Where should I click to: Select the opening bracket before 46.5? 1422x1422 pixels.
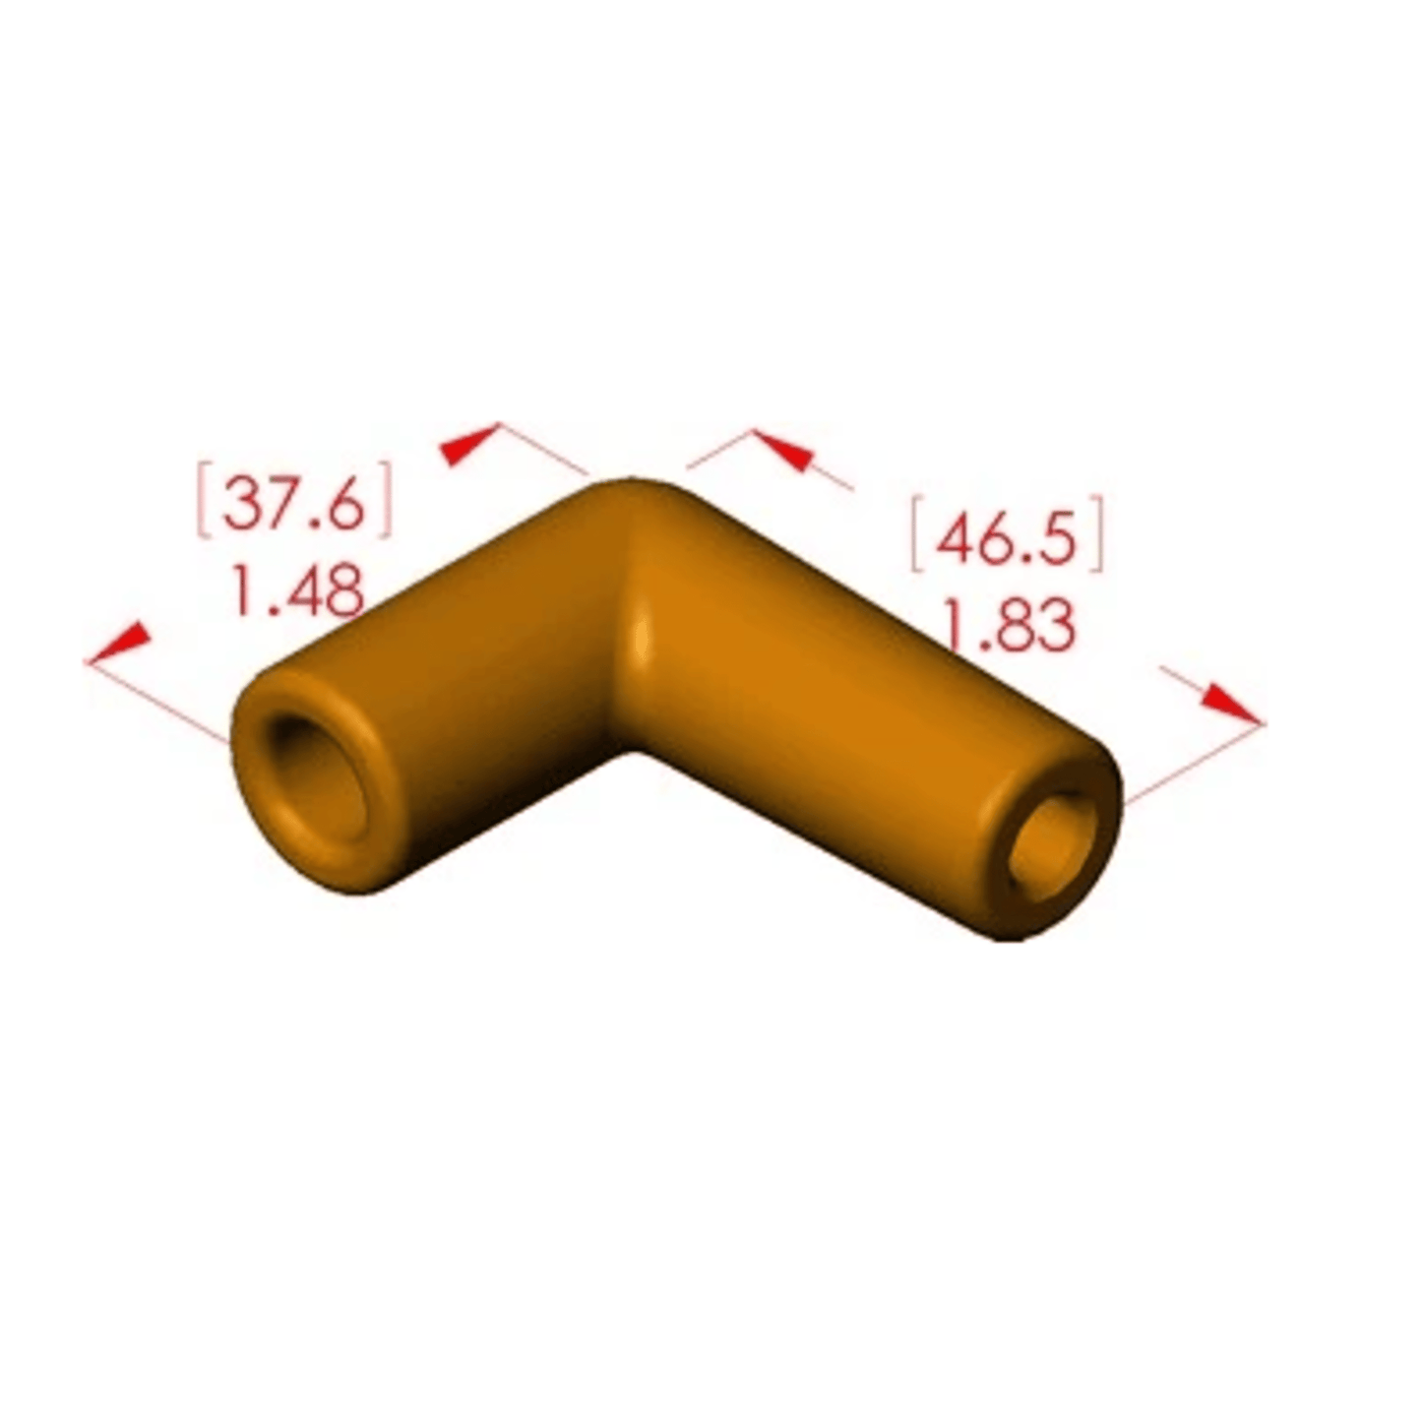click(916, 535)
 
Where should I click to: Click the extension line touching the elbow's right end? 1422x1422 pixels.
click(1191, 764)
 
